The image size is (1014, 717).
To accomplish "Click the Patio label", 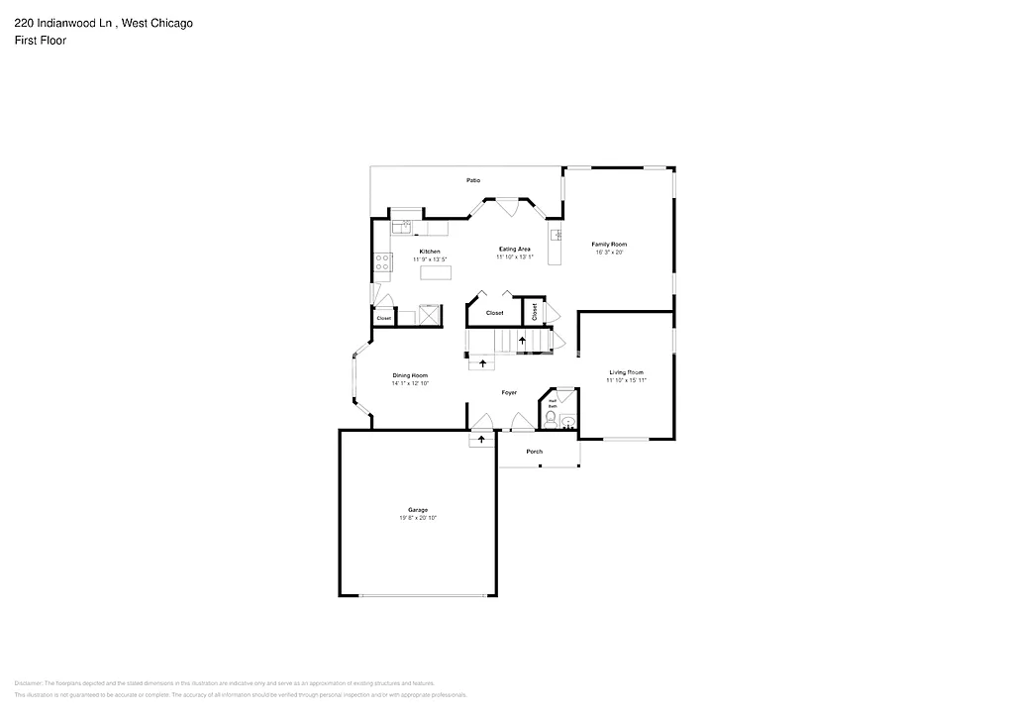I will (473, 180).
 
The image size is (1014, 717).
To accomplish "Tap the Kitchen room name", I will (430, 252).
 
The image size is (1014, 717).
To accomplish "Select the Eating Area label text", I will (514, 249).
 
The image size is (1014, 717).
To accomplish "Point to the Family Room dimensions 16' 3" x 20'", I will (609, 252).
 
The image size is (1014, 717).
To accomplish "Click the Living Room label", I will (626, 372).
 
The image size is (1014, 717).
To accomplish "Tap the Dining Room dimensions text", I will (410, 383).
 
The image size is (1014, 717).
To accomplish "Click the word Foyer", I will (509, 393).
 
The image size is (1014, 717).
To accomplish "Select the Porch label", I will (535, 452).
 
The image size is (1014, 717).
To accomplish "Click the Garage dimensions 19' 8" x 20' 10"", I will (418, 518).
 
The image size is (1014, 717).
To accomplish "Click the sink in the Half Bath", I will (567, 421).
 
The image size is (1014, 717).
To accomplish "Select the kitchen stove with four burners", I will (383, 262).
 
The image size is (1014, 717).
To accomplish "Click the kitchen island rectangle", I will (432, 272).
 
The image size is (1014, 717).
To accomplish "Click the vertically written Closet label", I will (534, 312).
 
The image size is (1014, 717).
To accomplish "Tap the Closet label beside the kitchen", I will (383, 318).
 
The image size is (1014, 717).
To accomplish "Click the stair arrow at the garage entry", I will (482, 438).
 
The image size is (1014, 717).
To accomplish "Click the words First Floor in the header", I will (40, 41).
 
